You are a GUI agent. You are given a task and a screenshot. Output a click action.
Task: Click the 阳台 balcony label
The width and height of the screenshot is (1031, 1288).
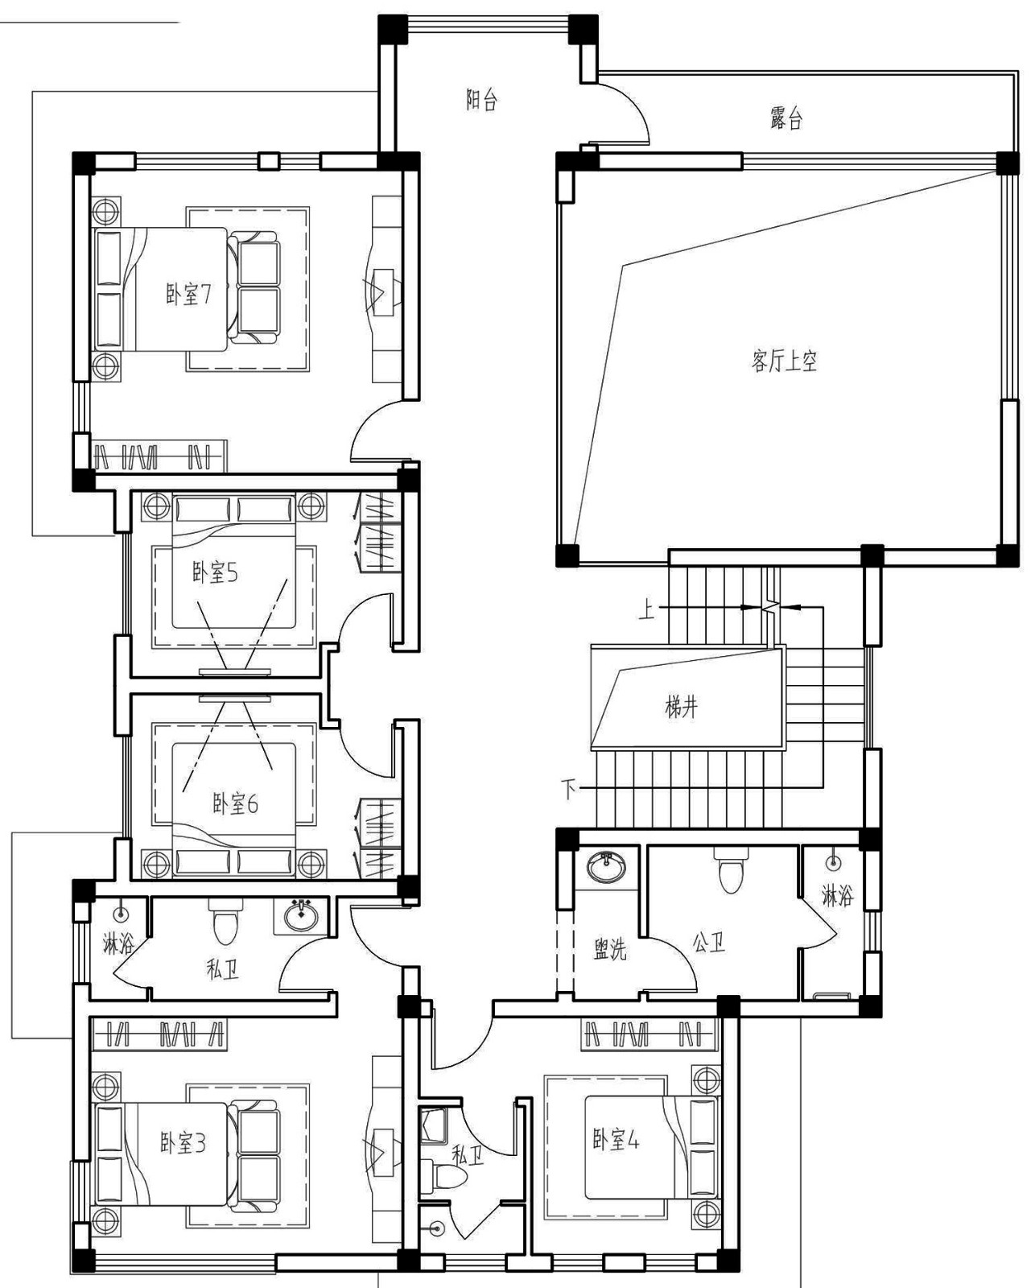pos(481,100)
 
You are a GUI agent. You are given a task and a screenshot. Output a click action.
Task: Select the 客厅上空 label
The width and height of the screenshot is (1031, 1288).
pos(783,361)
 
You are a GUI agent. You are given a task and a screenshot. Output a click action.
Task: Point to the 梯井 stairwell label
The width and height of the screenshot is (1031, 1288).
pos(681,707)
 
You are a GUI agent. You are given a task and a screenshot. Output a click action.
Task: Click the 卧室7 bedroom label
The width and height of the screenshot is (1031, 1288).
pos(188,294)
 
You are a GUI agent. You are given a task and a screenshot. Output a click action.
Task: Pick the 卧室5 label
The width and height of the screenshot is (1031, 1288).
pos(214,572)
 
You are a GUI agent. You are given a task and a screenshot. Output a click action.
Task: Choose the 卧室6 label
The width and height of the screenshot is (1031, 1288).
pos(234,803)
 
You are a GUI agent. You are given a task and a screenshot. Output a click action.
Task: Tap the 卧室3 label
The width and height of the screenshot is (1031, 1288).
pos(182,1142)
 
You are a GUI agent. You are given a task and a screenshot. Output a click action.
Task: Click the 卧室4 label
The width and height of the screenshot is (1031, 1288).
pos(615,1140)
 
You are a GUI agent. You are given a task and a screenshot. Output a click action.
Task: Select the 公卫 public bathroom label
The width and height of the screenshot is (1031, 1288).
pos(709,943)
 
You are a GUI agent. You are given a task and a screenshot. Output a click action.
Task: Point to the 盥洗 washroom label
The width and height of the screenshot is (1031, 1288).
pos(610,949)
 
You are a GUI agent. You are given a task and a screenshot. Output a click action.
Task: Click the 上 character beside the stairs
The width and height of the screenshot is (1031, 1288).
pos(647,610)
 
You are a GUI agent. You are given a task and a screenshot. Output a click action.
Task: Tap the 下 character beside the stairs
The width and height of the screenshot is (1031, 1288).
pos(568,790)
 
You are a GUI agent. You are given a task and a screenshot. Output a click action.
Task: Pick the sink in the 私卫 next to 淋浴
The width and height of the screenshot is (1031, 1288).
pos(300,916)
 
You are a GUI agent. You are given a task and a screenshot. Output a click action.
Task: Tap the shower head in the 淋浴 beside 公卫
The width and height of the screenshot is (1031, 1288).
pos(832,863)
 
